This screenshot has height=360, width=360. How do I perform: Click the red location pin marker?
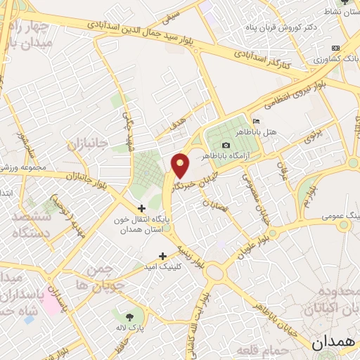coord(181,165)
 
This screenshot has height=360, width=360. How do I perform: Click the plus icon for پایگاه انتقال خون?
coord(142,208)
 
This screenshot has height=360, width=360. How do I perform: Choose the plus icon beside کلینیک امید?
coord(163,256)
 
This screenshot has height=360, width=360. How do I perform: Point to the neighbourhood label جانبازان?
coord(89,145)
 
